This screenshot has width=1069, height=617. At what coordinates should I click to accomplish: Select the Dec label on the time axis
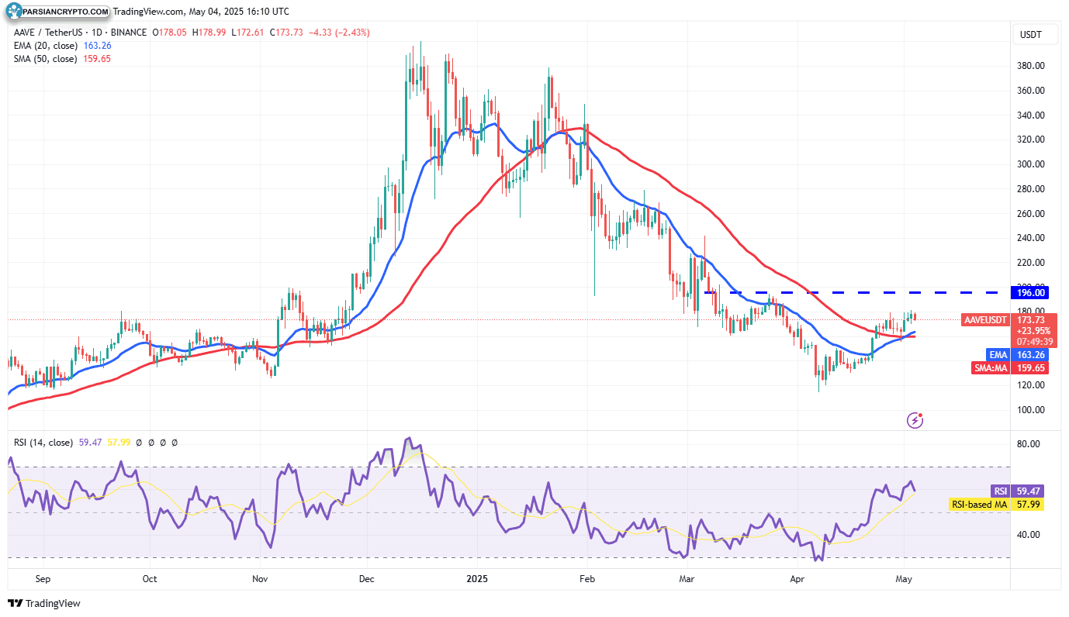point(367,579)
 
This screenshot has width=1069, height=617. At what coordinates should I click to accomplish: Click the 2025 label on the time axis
point(477,579)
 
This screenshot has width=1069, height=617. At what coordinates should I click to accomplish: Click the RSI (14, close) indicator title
point(43,443)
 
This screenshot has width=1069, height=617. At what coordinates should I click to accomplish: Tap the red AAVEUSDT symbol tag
point(985,320)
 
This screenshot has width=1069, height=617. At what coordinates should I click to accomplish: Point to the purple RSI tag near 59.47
point(1001,491)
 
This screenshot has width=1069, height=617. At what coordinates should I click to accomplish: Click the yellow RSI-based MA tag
point(979,505)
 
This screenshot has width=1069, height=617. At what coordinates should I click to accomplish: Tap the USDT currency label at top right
point(1031,35)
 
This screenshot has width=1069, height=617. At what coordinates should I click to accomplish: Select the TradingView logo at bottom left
point(44,603)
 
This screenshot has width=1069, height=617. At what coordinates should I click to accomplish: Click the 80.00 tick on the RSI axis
point(1029,444)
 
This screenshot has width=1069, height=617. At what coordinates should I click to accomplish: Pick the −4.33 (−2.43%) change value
point(339,33)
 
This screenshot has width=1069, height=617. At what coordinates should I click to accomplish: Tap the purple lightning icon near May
point(915,420)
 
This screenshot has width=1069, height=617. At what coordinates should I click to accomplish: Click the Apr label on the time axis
point(797,579)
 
